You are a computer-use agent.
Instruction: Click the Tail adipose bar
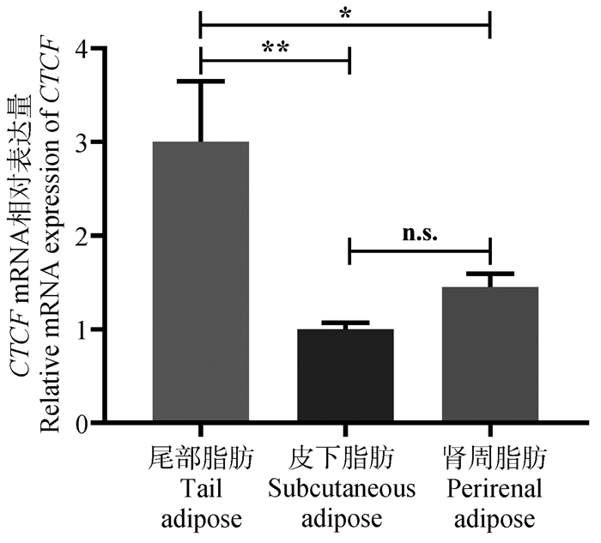[200, 283]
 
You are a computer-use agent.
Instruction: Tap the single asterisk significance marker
[344, 15]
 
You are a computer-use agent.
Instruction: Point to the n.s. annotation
[419, 233]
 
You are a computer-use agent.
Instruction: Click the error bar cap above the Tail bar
[200, 81]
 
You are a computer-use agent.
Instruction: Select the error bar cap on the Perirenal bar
[489, 274]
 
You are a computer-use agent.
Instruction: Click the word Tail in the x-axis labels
[200, 489]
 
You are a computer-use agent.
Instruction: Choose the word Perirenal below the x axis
[489, 489]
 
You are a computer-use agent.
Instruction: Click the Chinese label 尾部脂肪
[200, 459]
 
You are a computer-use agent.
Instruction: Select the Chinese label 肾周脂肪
[489, 459]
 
